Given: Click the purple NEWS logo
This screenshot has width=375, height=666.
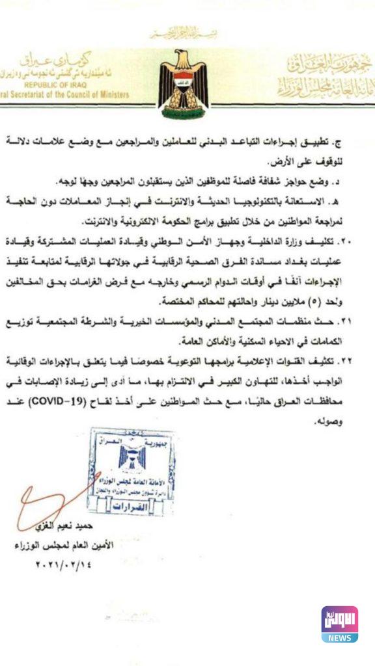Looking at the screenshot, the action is coord(339,624).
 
